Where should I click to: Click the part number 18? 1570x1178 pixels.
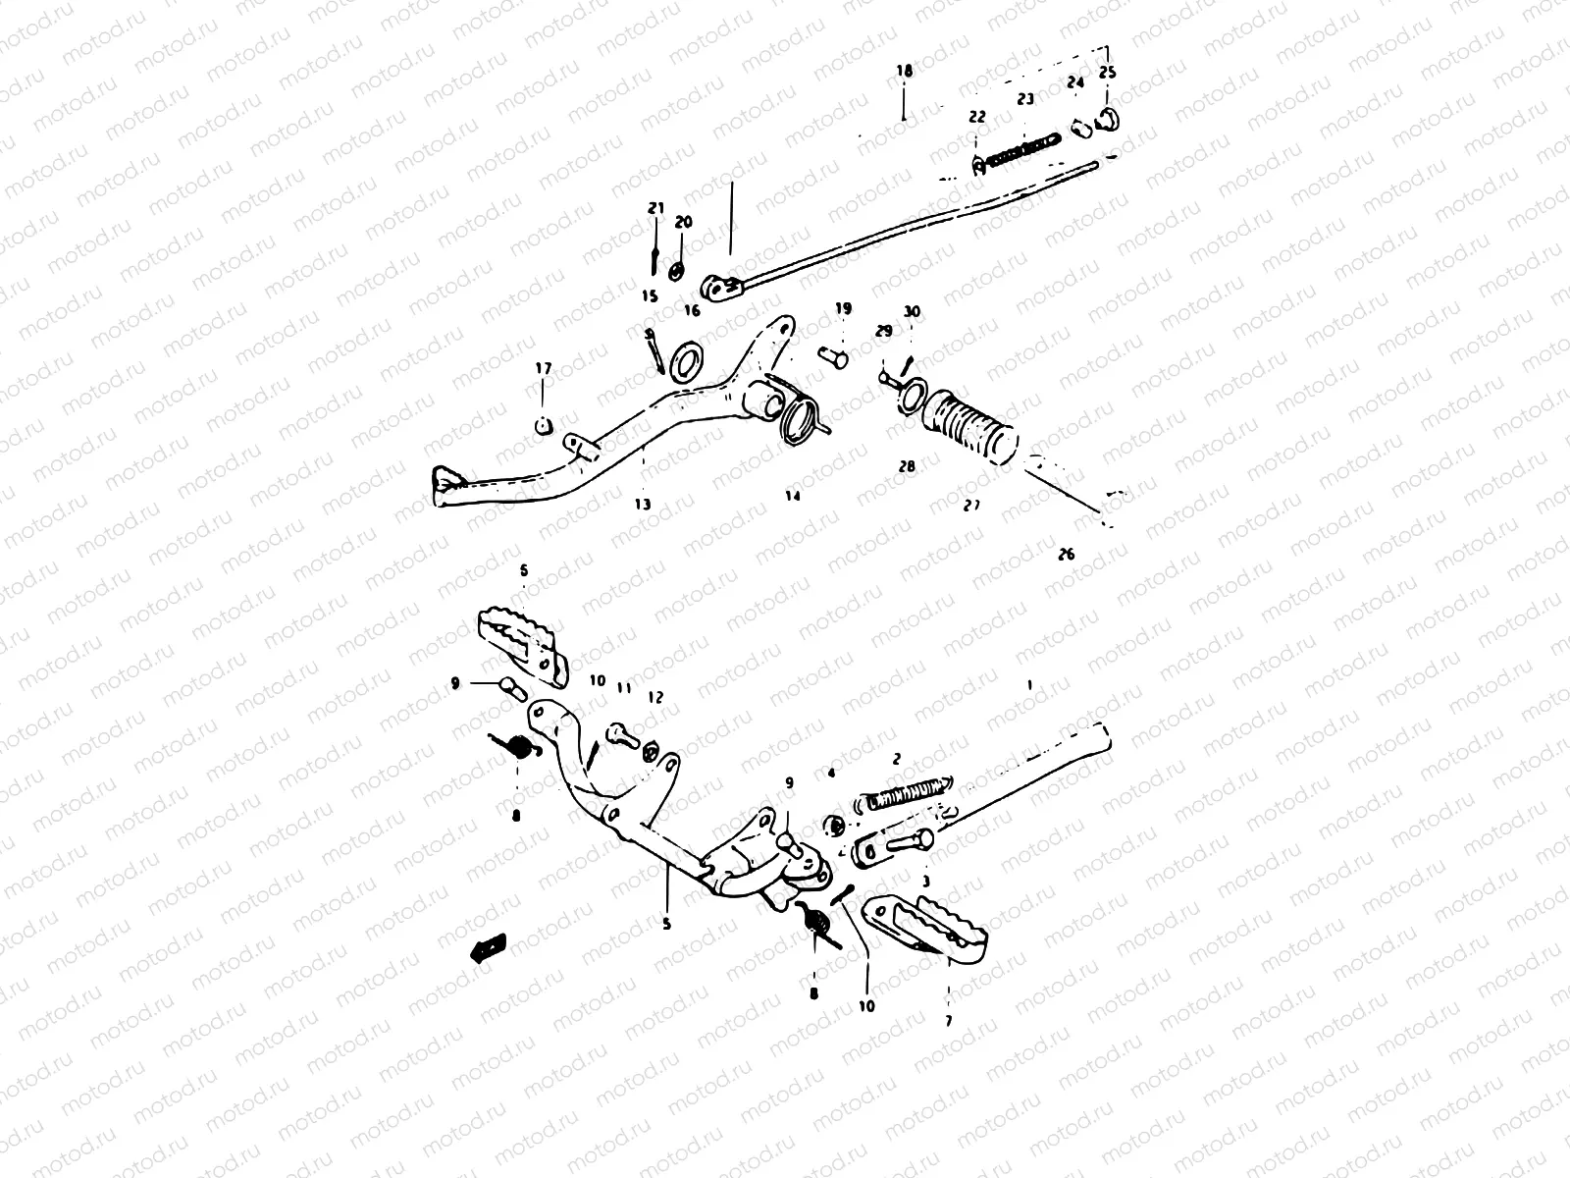click(904, 71)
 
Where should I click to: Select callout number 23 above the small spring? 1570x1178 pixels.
click(1025, 99)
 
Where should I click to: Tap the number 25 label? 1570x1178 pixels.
click(1107, 73)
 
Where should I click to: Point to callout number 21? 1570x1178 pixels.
click(655, 208)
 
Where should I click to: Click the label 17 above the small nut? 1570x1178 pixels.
click(543, 368)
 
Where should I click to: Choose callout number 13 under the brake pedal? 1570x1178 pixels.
click(642, 505)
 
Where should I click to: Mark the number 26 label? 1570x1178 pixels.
click(1067, 554)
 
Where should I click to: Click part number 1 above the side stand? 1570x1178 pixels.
click(1028, 683)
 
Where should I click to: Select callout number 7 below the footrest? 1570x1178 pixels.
click(948, 1022)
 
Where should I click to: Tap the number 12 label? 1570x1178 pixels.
click(655, 697)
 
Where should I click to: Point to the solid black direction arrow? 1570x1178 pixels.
click(488, 946)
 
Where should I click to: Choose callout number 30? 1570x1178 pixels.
click(913, 311)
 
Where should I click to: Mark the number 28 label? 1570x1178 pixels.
click(906, 466)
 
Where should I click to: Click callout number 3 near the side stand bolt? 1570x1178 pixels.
click(925, 883)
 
